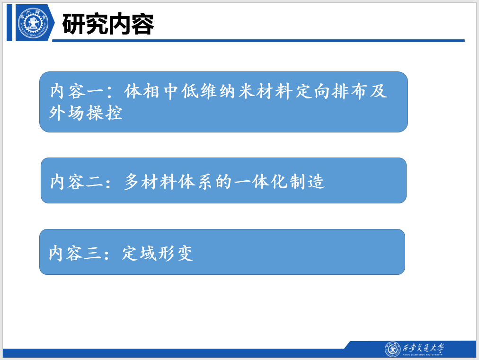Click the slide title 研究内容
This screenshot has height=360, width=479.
coord(108,24)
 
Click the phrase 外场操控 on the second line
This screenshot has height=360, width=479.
coord(86,113)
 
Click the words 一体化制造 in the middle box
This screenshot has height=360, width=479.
coord(279,181)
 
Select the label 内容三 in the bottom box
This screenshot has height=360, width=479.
coord(75,253)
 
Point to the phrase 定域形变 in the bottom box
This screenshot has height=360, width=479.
coord(157,253)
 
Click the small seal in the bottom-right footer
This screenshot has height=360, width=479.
coord(392,349)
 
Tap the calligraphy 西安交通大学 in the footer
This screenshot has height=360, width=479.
coord(423,348)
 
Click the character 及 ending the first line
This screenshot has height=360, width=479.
coord(379,91)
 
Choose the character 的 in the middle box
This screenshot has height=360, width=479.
coord(223,182)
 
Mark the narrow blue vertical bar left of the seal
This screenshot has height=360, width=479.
coord(9,23)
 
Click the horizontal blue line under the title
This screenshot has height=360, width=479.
coord(258,41)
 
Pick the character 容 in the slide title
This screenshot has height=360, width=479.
coord(142,24)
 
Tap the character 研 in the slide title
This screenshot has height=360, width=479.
coord(74,24)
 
